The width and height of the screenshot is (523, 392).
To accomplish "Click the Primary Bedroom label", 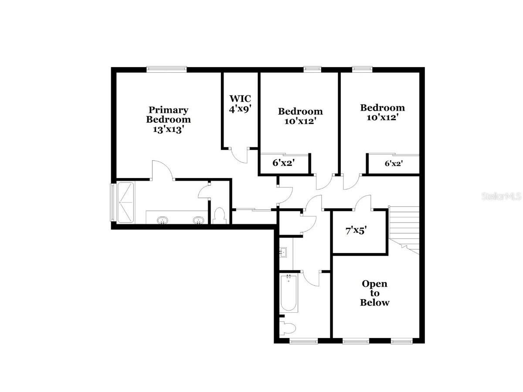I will [168, 114].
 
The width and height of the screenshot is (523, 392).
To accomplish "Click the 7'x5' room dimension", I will [356, 231].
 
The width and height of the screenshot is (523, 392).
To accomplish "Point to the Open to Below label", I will [374, 293].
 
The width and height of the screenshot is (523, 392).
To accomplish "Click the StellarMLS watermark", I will [501, 196].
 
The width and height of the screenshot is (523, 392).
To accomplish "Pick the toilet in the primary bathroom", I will [220, 216].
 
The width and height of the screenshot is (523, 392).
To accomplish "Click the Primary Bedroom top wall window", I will [166, 68].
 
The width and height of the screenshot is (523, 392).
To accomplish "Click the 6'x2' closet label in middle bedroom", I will [284, 163].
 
